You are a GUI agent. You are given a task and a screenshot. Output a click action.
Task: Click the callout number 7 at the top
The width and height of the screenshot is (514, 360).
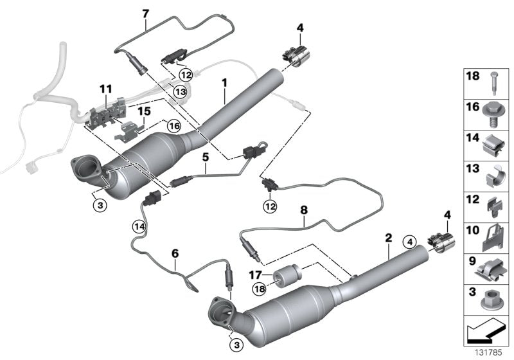(145, 13)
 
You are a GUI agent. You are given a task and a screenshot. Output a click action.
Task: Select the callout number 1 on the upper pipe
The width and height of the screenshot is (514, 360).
(224, 83)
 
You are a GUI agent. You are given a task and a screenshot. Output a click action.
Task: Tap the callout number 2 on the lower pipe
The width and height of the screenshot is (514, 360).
(388, 238)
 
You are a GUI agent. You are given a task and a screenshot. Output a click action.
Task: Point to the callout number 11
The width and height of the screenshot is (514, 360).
(105, 87)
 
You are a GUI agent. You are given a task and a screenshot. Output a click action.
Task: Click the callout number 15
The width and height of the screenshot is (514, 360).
(146, 111)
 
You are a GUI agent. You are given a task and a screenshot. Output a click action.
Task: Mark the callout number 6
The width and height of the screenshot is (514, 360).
(174, 253)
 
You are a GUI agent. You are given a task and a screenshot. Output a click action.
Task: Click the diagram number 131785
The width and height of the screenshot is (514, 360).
(490, 352)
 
